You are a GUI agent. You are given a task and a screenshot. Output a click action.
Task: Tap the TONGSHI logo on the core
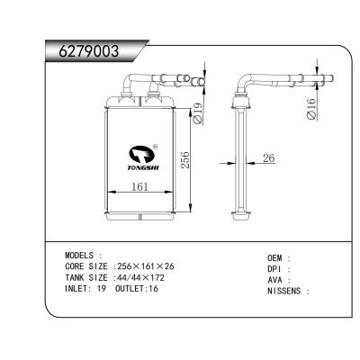point(143,156)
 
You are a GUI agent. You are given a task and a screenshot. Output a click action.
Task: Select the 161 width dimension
point(140,188)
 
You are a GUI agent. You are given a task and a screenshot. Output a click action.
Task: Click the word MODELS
point(83,256)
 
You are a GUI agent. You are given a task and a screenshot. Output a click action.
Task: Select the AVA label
point(276,280)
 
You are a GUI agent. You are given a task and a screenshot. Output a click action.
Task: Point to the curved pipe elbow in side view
point(246,85)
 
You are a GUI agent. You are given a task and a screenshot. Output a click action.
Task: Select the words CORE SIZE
point(87,267)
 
